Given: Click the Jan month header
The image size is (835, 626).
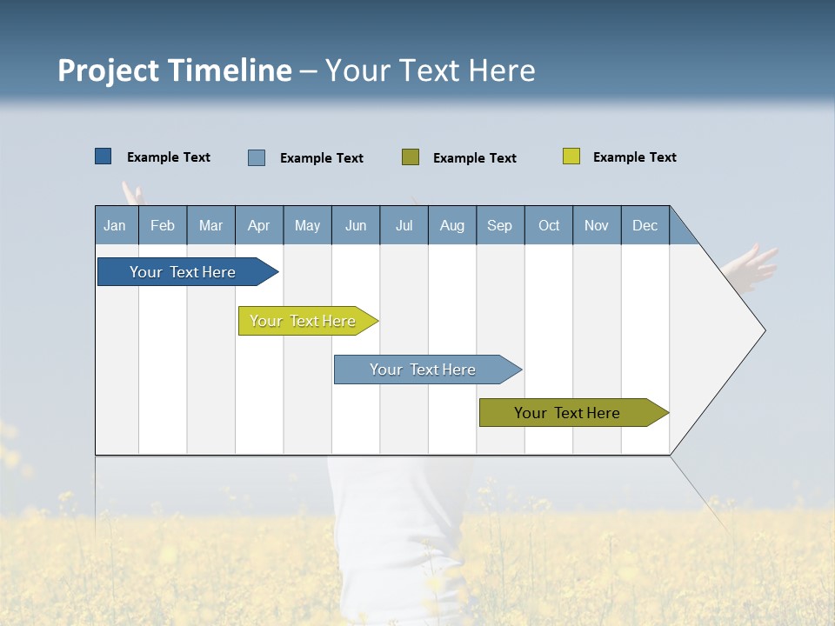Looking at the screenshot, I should click(x=115, y=225).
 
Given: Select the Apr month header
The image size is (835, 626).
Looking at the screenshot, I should click(x=258, y=225).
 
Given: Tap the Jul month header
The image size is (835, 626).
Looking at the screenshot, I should click(x=404, y=225).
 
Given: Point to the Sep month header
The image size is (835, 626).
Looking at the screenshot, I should click(x=499, y=225).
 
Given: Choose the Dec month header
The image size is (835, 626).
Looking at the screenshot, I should click(x=645, y=225).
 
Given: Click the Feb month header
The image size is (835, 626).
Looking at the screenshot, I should click(x=163, y=225).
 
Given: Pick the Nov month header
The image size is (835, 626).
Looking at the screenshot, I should click(x=596, y=225).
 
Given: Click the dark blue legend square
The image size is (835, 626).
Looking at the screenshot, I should click(x=104, y=156).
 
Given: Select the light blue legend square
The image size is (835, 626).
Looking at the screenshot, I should click(x=257, y=157).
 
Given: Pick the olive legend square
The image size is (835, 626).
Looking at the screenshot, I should click(x=411, y=157).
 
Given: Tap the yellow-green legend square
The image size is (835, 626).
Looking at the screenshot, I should click(x=571, y=156).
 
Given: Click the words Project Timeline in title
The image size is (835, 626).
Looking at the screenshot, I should click(x=175, y=70).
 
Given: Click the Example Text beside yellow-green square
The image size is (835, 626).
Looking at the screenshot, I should click(x=634, y=157).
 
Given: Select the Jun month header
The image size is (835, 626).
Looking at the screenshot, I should click(x=355, y=225).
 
